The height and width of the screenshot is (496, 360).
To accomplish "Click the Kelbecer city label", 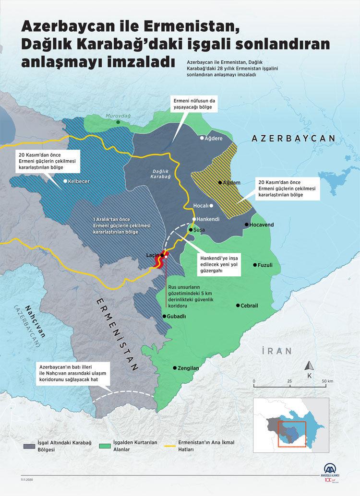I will coord(79,182).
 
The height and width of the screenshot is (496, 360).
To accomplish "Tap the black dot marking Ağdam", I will coord(220,182).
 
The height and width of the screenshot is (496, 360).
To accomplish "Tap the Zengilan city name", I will coord(188,368).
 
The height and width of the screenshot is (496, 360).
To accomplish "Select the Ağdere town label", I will coord(214,138).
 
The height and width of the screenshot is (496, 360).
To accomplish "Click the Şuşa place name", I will coord(199,230).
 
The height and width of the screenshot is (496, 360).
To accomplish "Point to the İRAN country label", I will coord(277,351).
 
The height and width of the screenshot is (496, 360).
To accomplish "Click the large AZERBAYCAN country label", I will coord(293,138).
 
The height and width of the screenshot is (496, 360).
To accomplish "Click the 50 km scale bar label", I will coord(327,381).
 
